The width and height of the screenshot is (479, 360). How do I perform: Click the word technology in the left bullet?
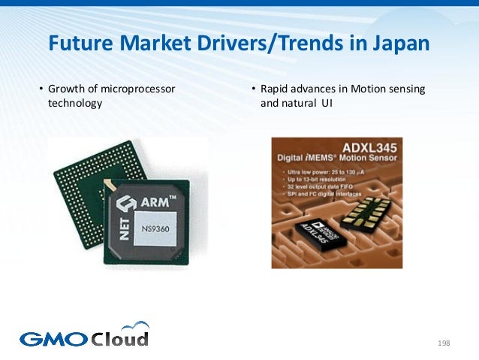tap(75, 104)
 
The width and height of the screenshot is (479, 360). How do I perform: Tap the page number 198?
tap(443, 343)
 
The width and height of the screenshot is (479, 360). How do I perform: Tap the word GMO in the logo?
tap(52, 339)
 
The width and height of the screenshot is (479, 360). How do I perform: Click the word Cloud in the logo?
tap(119, 338)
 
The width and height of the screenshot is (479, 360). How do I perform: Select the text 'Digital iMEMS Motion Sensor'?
tap(337, 159)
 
